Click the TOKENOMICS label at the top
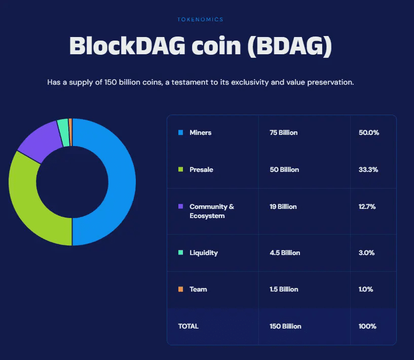click(200, 19)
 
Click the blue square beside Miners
click(180, 133)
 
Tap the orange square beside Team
click(180, 290)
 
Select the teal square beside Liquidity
click(180, 253)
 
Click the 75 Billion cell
click(284, 133)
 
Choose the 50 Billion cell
click(284, 170)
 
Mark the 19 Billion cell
click(283, 207)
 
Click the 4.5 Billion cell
click(285, 253)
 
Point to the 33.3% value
click(368, 170)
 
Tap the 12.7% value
click(368, 207)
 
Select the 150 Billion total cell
click(285, 327)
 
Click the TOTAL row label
click(189, 327)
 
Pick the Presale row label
click(201, 170)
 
